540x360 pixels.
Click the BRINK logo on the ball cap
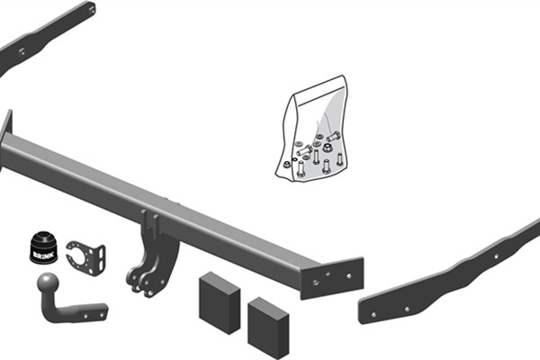(x=43, y=256)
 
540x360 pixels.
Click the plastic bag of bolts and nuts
(x=311, y=129)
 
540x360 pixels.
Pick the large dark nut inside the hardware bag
(x=328, y=148)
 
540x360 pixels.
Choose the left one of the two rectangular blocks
(x=220, y=302)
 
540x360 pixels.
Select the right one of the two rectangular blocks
(x=268, y=328)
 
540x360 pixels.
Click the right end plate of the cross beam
(x=332, y=278)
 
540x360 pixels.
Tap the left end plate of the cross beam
(x=6, y=138)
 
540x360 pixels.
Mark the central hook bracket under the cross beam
(x=153, y=253)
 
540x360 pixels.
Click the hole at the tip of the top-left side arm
(x=92, y=10)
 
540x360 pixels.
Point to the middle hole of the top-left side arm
(x=22, y=52)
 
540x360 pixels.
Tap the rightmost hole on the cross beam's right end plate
(x=349, y=276)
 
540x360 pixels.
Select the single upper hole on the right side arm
(x=496, y=256)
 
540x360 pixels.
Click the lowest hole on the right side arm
(x=373, y=314)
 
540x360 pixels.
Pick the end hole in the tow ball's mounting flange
(x=102, y=314)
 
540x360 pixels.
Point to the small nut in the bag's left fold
(x=286, y=165)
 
